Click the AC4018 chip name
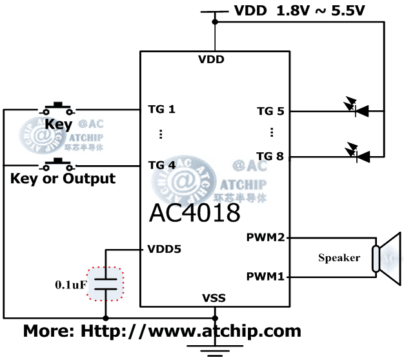pyautogui.click(x=195, y=213)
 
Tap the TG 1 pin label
pyautogui.click(x=161, y=109)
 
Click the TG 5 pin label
pyautogui.click(x=270, y=111)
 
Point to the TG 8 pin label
pyautogui.click(x=270, y=156)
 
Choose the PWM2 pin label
pyautogui.click(x=265, y=237)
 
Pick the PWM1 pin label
pyautogui.click(x=265, y=277)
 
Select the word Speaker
pyautogui.click(x=339, y=258)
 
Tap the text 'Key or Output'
pyautogui.click(x=63, y=178)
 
